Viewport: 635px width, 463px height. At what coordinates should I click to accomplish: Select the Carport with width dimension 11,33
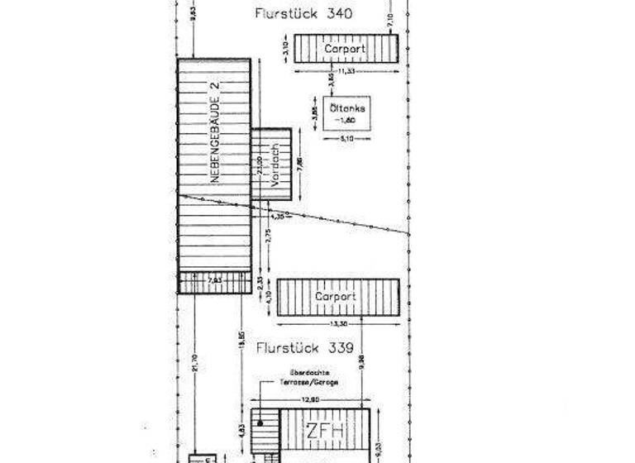click(x=346, y=49)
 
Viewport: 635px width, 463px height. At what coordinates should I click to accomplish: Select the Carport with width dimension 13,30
click(x=337, y=297)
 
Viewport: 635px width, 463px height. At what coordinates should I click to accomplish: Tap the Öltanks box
click(x=347, y=113)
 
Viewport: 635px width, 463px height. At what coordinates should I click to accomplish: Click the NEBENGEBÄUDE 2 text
click(x=213, y=132)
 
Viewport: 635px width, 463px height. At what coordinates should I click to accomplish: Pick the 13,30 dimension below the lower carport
click(x=337, y=324)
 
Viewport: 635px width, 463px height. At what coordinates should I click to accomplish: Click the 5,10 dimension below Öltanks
click(x=347, y=139)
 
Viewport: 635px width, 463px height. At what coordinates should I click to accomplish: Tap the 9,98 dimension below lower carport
click(x=362, y=361)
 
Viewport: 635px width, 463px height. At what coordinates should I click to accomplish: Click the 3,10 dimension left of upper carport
click(x=284, y=49)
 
